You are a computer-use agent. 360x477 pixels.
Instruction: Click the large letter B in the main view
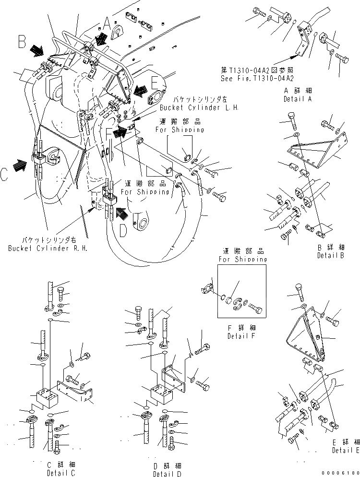[21, 42]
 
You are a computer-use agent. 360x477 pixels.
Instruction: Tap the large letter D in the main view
[123, 231]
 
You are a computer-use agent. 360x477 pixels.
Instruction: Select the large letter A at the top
[107, 23]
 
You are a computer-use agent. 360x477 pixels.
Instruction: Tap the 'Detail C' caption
[61, 474]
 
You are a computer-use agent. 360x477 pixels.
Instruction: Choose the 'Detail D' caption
[167, 474]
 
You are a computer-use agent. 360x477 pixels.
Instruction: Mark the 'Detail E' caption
[346, 450]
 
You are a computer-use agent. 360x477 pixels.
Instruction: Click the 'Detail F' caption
[242, 336]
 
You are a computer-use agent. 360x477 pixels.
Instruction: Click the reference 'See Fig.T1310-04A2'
[258, 78]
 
